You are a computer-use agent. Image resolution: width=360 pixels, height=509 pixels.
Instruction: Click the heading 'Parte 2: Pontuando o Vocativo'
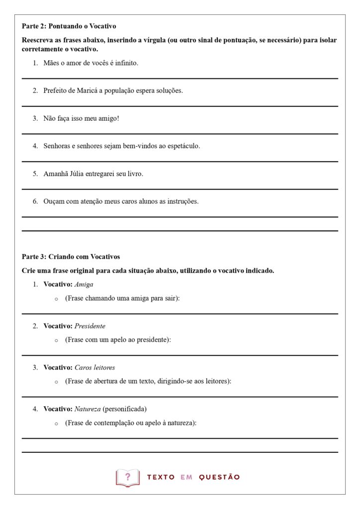(x=69, y=26)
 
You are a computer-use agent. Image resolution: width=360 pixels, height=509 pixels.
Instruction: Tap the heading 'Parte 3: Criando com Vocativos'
(x=71, y=257)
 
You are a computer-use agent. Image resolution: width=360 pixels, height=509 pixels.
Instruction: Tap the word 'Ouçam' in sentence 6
(x=54, y=202)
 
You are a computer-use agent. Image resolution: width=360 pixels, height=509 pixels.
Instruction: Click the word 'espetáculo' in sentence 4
(x=183, y=147)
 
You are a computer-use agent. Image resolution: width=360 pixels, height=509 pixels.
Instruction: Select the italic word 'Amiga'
(x=84, y=285)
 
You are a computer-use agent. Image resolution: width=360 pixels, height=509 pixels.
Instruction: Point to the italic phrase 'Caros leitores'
(x=94, y=368)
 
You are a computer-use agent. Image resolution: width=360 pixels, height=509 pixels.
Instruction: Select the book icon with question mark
(x=128, y=477)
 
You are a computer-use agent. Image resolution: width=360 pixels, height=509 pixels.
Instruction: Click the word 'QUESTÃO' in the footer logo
(x=219, y=477)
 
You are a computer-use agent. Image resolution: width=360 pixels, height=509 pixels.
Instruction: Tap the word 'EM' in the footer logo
(x=186, y=477)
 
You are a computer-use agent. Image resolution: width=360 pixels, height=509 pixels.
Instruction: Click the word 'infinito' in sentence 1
(x=126, y=64)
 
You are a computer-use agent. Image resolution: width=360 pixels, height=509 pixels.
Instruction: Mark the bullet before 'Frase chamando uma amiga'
(x=56, y=299)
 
